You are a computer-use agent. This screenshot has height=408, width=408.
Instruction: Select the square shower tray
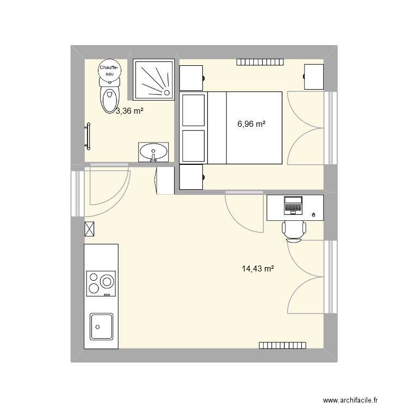[x=153, y=79]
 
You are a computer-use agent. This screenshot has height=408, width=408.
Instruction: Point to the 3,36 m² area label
[x=129, y=112]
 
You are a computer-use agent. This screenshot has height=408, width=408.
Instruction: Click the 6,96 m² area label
[x=251, y=124]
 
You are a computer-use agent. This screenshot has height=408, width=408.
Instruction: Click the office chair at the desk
[x=294, y=230]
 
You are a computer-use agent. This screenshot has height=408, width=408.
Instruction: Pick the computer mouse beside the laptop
[x=313, y=216]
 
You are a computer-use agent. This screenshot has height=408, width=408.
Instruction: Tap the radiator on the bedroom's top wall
[x=260, y=62]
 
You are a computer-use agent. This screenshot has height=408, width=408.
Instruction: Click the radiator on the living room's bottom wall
[x=283, y=345]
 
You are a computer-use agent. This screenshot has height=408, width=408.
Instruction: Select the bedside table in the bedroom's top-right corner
[x=314, y=77]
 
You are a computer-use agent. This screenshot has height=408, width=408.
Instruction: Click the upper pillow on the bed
[x=194, y=110]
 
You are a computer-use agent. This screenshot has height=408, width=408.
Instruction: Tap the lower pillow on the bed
[x=194, y=145]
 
